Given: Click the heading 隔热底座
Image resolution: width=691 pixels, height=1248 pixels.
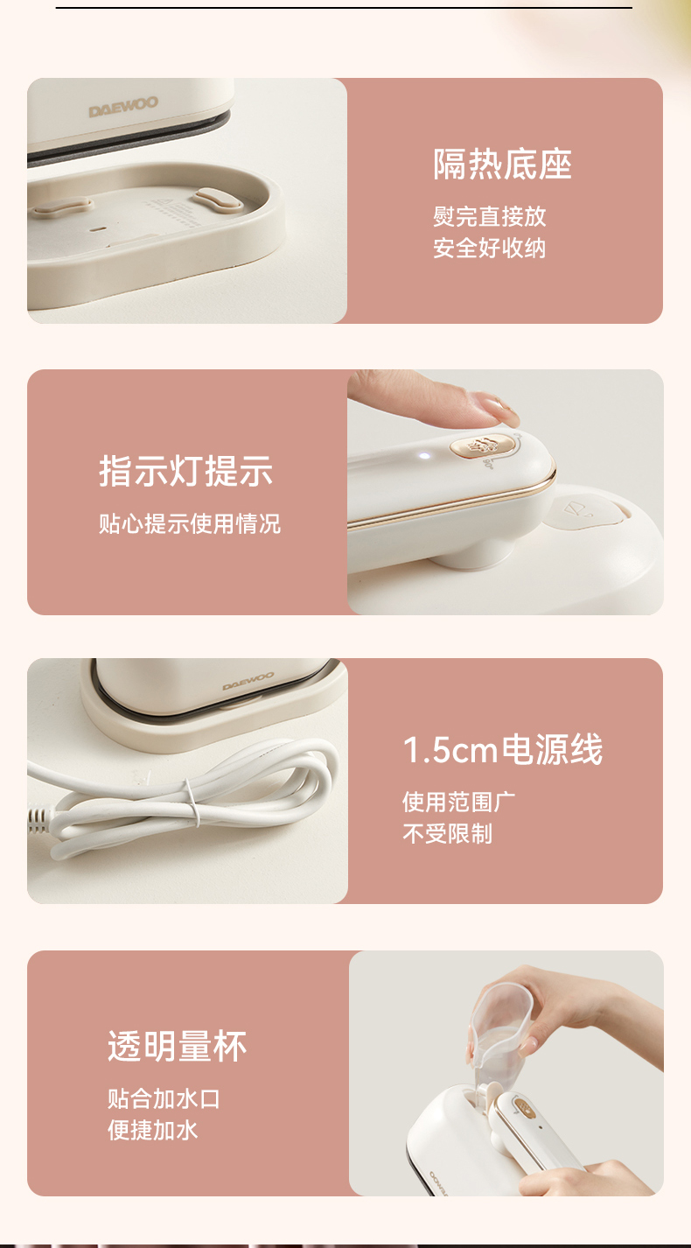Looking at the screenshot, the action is [x=503, y=165].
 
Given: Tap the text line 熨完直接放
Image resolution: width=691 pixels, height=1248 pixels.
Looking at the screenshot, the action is [x=490, y=216].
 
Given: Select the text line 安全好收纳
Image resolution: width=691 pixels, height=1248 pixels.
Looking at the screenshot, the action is [x=490, y=248].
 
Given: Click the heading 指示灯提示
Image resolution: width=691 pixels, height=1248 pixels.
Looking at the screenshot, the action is [x=186, y=472].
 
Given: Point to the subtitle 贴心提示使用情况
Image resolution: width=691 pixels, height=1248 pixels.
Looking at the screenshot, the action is [x=190, y=523].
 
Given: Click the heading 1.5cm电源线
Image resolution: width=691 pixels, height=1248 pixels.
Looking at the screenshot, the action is [x=503, y=749].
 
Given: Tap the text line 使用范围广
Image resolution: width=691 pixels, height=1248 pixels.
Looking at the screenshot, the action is [x=459, y=803].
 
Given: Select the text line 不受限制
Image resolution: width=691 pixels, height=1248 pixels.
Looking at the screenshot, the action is [x=448, y=834].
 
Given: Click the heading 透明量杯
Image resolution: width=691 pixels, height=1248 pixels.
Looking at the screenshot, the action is [x=177, y=1047].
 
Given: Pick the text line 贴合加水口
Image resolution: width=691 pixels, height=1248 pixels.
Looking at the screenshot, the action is [x=164, y=1099].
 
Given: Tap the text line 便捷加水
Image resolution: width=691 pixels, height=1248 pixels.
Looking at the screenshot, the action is [x=152, y=1131].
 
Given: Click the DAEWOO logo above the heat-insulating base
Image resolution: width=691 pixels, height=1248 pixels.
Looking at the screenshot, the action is [x=123, y=107].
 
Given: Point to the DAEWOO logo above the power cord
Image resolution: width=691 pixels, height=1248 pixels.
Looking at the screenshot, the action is [x=248, y=681].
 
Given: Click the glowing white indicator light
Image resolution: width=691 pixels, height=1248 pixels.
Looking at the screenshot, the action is [x=424, y=456].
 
